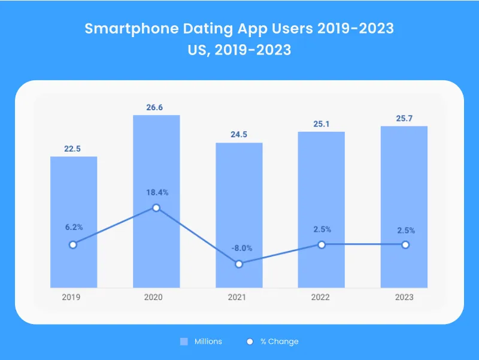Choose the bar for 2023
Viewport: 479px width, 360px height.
(404, 180)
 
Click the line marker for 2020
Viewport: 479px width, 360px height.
(156, 208)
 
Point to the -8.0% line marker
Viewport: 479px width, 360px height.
(239, 264)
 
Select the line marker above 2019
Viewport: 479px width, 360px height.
(73, 244)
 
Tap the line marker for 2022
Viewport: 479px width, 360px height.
(322, 244)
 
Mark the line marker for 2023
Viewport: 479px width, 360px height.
(405, 244)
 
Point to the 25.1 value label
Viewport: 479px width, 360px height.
(322, 124)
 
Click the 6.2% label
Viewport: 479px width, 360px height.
(73, 228)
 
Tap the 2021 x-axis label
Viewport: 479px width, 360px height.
(239, 297)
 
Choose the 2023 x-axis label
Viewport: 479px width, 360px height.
(404, 297)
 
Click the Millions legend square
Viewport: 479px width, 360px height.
(184, 341)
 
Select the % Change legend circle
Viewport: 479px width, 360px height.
(250, 341)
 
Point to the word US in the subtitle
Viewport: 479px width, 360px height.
(198, 50)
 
